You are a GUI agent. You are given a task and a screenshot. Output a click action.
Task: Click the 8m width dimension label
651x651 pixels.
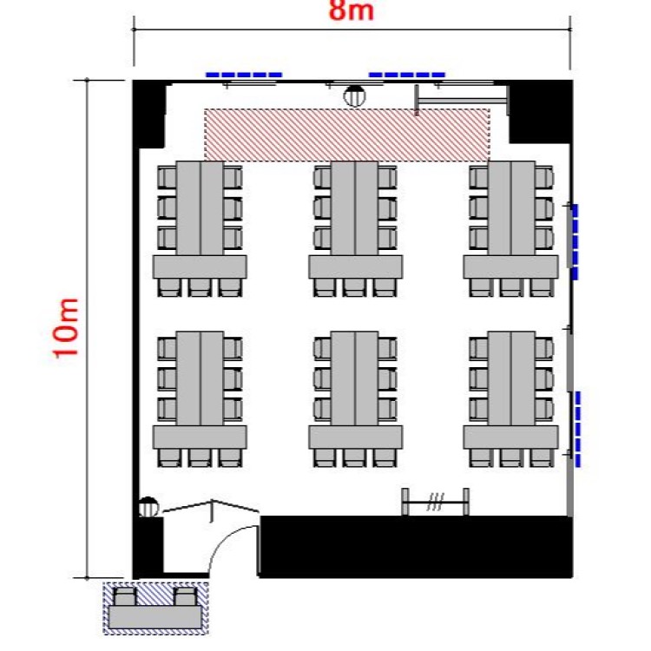click(x=352, y=10)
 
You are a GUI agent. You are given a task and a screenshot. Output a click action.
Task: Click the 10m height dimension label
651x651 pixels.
click(x=65, y=328)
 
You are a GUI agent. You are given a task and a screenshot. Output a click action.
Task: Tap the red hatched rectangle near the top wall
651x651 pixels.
click(x=347, y=135)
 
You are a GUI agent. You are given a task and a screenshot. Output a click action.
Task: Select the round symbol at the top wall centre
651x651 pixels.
click(x=354, y=95)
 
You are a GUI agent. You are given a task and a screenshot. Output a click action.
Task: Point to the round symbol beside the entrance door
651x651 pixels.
click(x=148, y=507)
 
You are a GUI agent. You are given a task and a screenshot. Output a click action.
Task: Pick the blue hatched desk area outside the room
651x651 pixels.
click(x=155, y=608)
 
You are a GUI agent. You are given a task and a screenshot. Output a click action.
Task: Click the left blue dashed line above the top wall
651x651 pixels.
click(x=244, y=76)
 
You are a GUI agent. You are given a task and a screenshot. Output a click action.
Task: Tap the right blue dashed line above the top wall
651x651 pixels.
click(x=407, y=76)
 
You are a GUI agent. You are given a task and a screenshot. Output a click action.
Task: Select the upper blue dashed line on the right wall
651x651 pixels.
click(x=575, y=241)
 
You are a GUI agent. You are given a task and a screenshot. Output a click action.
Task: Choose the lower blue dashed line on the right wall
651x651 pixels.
click(x=578, y=429)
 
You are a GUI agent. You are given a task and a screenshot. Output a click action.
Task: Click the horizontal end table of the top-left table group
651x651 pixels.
click(x=200, y=267)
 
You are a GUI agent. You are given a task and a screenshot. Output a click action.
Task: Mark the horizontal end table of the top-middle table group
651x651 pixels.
click(x=355, y=267)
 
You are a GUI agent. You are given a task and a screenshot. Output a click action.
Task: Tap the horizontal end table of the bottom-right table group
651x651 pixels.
click(x=510, y=437)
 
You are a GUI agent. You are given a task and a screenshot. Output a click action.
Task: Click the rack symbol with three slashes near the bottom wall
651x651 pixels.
click(x=436, y=502)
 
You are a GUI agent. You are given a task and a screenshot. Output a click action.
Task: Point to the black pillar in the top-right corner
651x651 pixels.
click(x=541, y=112)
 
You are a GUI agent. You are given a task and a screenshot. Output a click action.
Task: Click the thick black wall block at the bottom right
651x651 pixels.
click(x=416, y=547)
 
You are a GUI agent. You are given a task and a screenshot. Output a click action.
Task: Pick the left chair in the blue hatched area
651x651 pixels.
click(x=124, y=596)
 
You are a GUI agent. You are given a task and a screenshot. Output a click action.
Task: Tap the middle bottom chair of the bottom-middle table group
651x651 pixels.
click(x=354, y=458)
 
